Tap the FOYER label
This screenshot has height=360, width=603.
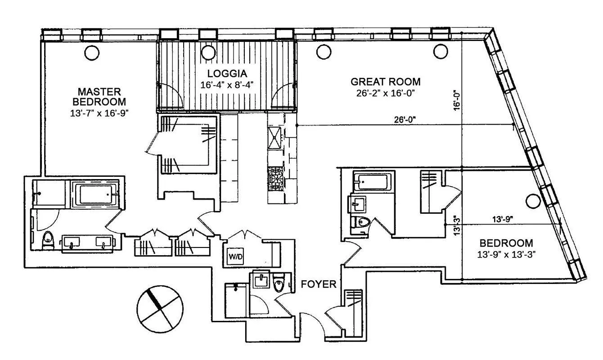click(319, 284)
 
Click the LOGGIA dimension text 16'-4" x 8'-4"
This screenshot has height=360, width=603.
click(228, 85)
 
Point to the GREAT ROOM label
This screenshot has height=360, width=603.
click(385, 82)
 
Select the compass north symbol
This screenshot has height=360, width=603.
click(160, 308)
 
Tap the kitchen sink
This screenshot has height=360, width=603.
click(274, 138)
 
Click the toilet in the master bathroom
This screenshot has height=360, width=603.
click(47, 240)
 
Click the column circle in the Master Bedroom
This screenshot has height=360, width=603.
click(91, 53)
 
